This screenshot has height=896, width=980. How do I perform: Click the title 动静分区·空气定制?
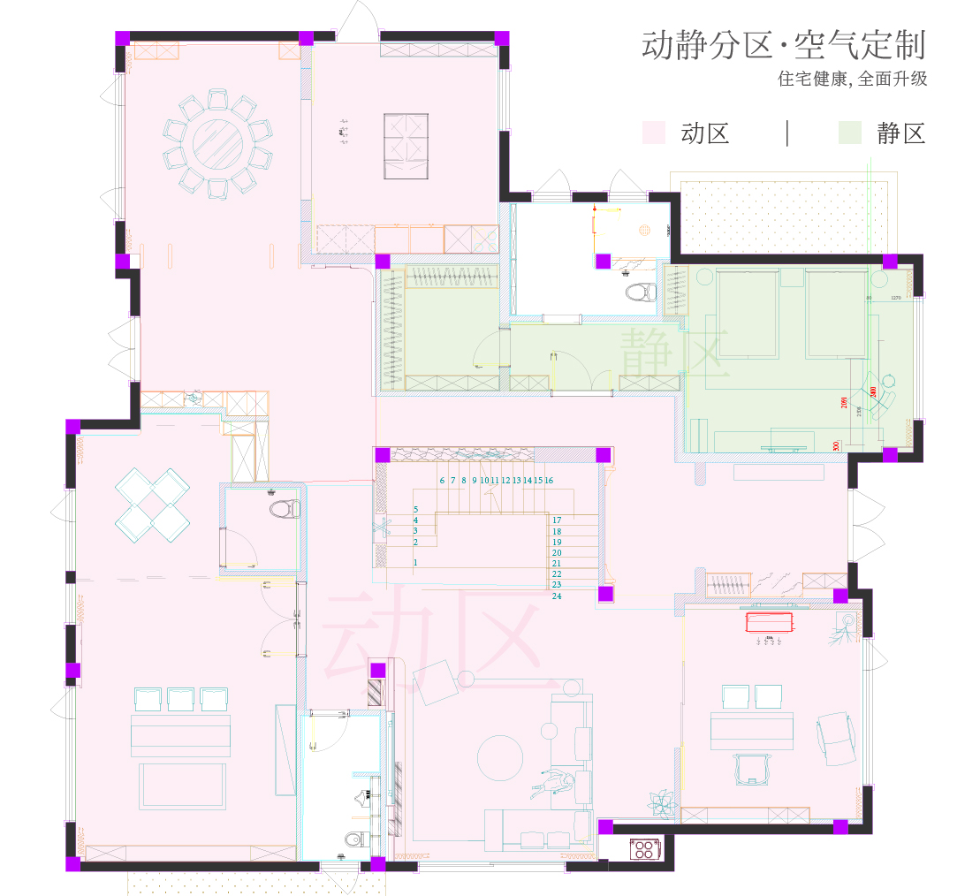click(x=783, y=45)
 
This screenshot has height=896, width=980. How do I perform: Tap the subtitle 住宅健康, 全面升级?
click(x=852, y=79)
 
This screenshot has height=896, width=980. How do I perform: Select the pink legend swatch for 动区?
click(x=653, y=133)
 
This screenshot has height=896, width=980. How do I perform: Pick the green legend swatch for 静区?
click(x=849, y=133)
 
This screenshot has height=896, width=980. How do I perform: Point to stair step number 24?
click(x=557, y=596)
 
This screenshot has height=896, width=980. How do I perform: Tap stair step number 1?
click(x=415, y=562)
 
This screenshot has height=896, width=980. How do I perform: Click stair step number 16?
click(x=549, y=481)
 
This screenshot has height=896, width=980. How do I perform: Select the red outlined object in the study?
click(x=770, y=623)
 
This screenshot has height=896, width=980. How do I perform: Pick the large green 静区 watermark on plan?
click(x=674, y=353)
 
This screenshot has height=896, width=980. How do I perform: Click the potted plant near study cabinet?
click(x=659, y=803)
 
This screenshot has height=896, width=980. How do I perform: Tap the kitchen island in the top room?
click(x=406, y=146)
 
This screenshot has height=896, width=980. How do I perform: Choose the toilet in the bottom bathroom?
click(x=353, y=839)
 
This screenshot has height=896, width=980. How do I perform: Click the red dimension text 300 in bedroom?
click(x=836, y=445)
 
